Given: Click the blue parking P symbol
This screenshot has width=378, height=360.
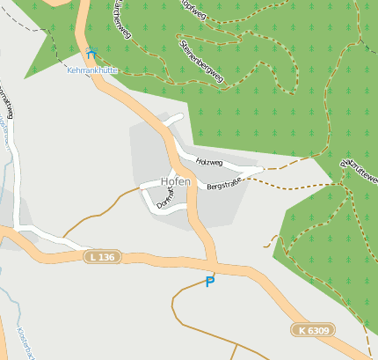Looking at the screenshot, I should point(209,282).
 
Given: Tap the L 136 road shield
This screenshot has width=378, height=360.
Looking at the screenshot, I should point(102,257).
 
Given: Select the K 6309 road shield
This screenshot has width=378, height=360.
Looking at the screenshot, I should point(313,330).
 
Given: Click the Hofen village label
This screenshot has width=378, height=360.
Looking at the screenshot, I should point(175,181).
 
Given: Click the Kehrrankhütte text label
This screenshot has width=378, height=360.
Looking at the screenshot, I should point(91,69).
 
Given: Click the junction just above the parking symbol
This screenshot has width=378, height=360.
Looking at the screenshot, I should point(212,264).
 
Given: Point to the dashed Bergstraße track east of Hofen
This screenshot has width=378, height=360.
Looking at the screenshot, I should point(290,184).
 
